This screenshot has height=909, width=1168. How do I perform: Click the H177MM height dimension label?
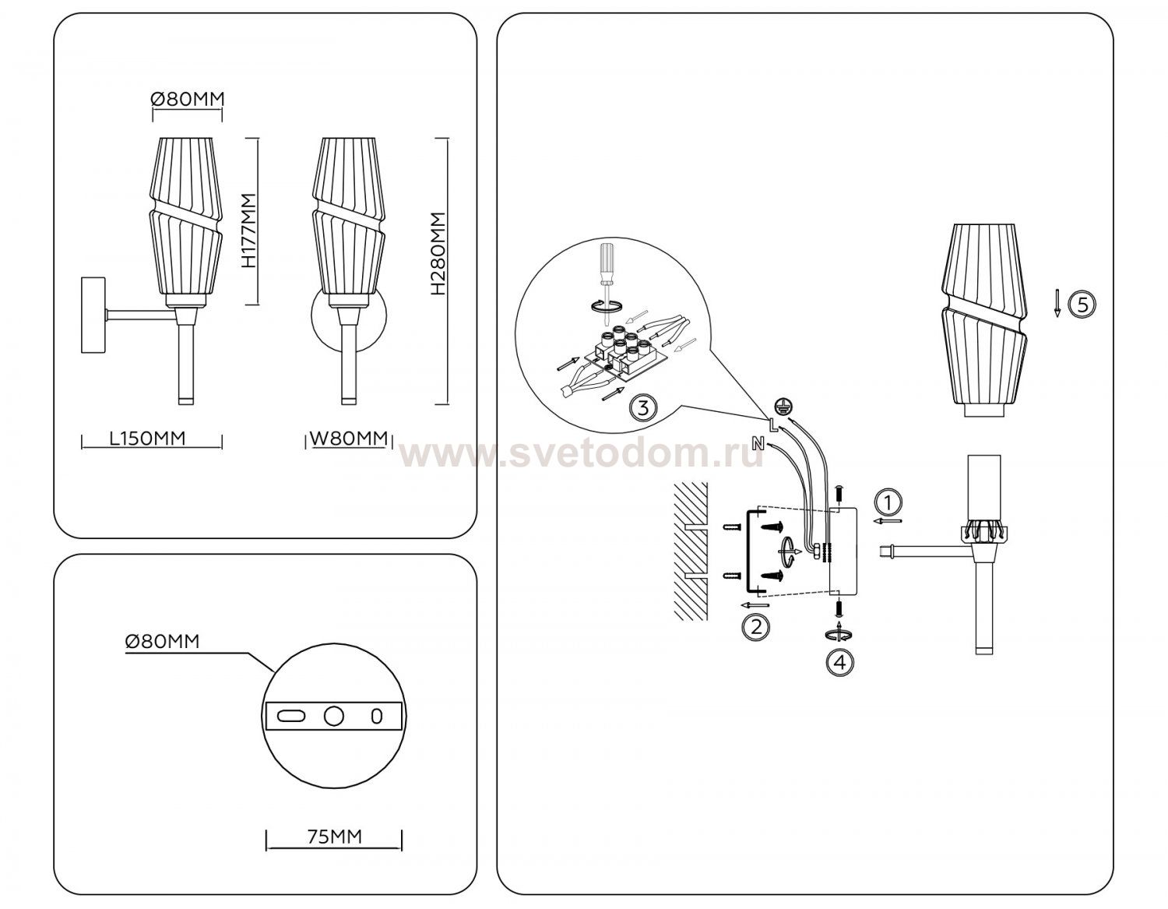249,231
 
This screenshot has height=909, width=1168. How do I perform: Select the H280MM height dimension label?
438,253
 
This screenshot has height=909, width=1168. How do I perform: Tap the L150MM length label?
148,439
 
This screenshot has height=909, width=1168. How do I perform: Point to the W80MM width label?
349,439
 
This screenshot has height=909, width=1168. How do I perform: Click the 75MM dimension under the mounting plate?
335,837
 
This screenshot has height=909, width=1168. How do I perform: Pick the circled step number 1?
888,503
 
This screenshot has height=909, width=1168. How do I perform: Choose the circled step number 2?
756,627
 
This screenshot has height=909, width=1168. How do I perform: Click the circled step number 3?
643,408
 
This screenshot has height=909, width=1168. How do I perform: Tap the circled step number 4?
839,663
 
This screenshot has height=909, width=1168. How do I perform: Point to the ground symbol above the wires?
782,406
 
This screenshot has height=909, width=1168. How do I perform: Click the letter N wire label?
758,442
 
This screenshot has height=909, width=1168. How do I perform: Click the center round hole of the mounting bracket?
333,716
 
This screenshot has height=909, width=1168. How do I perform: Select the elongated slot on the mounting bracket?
291,716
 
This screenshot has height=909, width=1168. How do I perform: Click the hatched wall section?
691,551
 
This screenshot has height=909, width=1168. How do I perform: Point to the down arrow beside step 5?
1057,303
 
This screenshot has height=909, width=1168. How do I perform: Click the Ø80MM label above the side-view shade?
188,100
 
